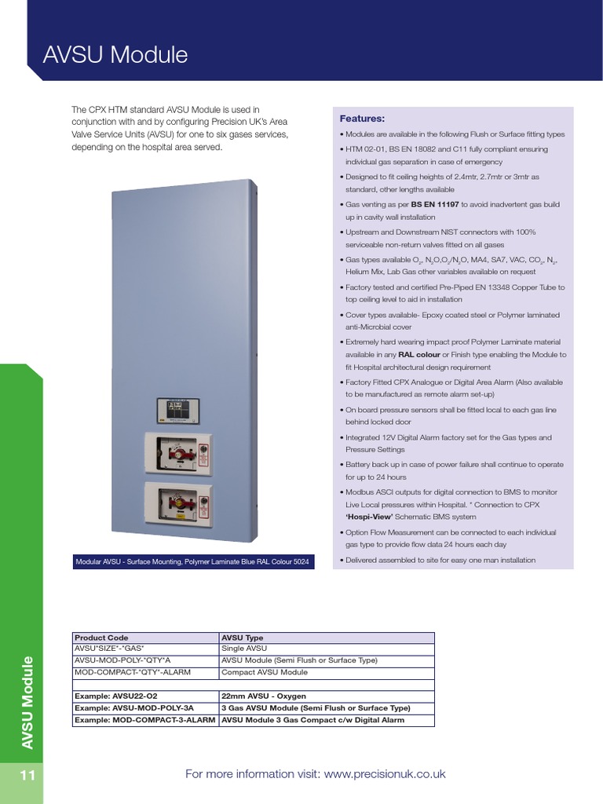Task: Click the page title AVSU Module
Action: [x=115, y=55]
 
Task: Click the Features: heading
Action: [x=362, y=119]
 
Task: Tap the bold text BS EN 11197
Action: [x=435, y=204]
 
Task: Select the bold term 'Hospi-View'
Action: [x=369, y=517]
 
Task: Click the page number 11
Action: [x=27, y=776]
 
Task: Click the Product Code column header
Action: [x=101, y=638]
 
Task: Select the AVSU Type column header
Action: [x=243, y=638]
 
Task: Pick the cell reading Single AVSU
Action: [x=244, y=649]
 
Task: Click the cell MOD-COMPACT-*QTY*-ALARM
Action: [x=132, y=672]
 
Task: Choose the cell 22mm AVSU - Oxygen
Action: [x=264, y=696]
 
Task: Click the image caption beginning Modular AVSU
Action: [x=192, y=562]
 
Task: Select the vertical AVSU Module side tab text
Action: [x=27, y=703]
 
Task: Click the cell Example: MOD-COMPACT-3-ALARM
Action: [x=144, y=720]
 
